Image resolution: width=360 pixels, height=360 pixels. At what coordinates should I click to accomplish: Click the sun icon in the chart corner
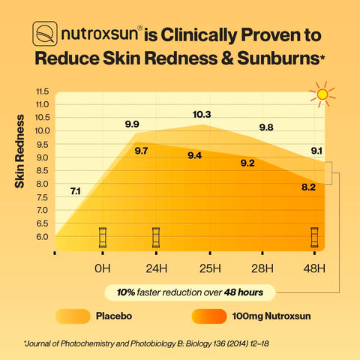(x=323, y=95)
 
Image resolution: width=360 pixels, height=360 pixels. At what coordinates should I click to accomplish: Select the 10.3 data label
(x=202, y=115)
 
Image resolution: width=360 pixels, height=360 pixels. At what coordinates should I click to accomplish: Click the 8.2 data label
(x=308, y=186)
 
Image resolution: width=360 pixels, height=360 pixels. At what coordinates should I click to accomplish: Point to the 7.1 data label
(x=76, y=191)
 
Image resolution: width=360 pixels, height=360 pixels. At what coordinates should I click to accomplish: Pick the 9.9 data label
(x=132, y=124)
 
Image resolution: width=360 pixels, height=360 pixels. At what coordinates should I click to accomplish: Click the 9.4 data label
(x=194, y=155)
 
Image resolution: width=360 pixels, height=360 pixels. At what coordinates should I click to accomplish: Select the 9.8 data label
(x=265, y=127)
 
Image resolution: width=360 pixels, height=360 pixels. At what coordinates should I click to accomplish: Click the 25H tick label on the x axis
(x=209, y=268)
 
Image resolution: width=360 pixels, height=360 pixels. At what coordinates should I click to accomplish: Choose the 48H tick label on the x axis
(x=314, y=268)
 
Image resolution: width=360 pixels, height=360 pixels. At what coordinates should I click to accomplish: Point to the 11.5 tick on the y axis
(x=42, y=91)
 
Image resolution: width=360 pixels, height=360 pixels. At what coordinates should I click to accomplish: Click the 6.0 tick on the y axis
(x=42, y=237)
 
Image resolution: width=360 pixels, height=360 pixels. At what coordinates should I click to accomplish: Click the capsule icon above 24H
(x=156, y=238)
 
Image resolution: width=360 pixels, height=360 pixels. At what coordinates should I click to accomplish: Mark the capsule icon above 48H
(x=315, y=238)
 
